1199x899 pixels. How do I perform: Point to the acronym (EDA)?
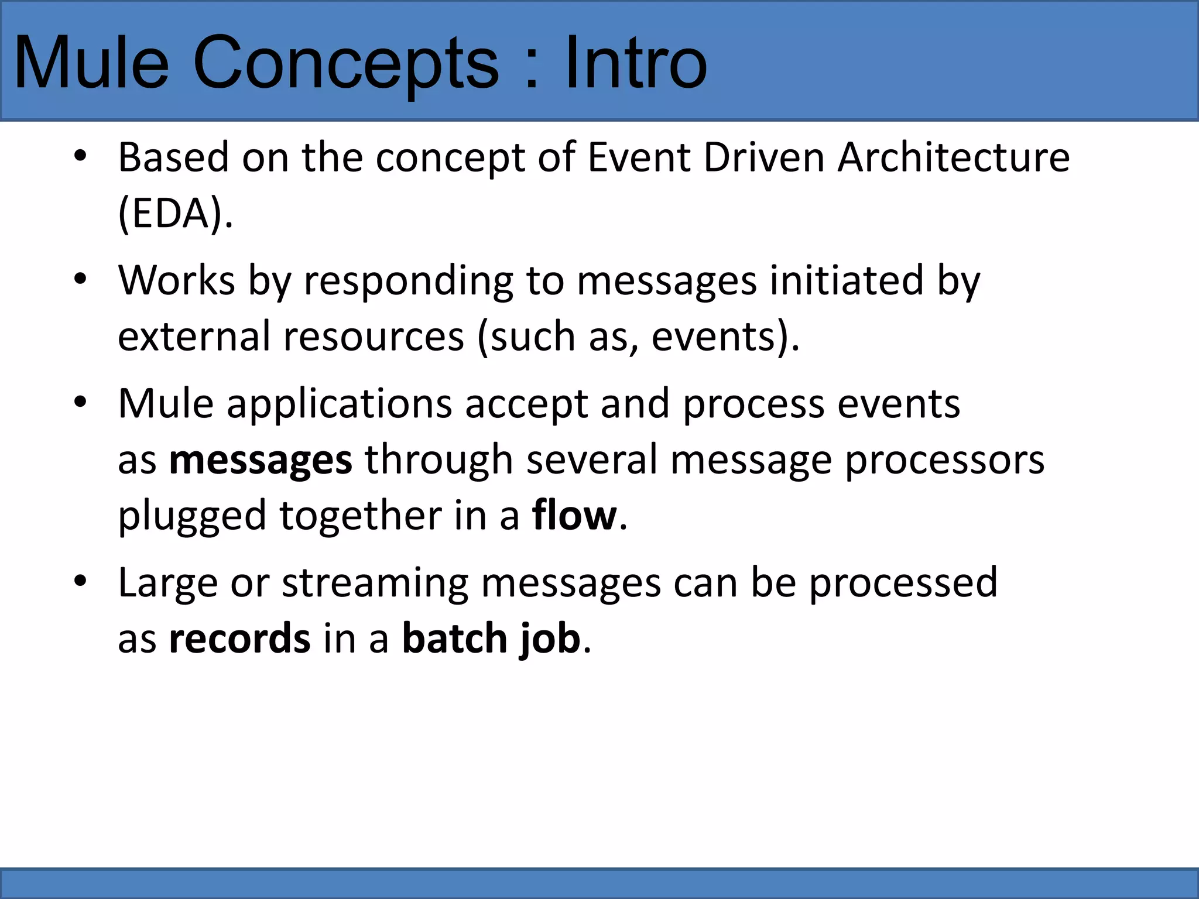[175, 213]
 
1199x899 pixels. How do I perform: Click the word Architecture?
[954, 158]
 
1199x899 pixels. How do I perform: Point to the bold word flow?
[574, 515]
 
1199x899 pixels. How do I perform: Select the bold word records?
[239, 638]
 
